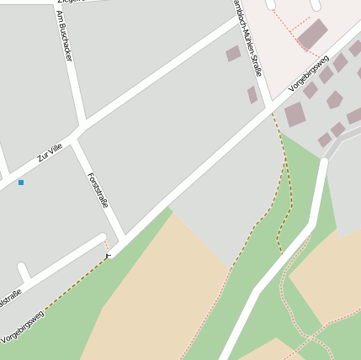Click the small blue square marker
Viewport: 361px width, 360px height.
point(21,183)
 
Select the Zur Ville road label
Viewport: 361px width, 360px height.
point(50,152)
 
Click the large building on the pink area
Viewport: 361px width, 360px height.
point(312,34)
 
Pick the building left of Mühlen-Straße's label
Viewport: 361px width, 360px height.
point(233,54)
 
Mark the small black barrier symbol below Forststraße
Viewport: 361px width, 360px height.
point(108,254)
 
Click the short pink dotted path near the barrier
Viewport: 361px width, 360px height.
point(107,246)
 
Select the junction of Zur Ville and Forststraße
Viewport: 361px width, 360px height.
point(77,135)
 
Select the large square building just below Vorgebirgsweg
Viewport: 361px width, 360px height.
point(295,114)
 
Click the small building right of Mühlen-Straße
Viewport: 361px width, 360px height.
point(252,94)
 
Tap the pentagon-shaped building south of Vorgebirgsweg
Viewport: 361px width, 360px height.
point(335,100)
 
